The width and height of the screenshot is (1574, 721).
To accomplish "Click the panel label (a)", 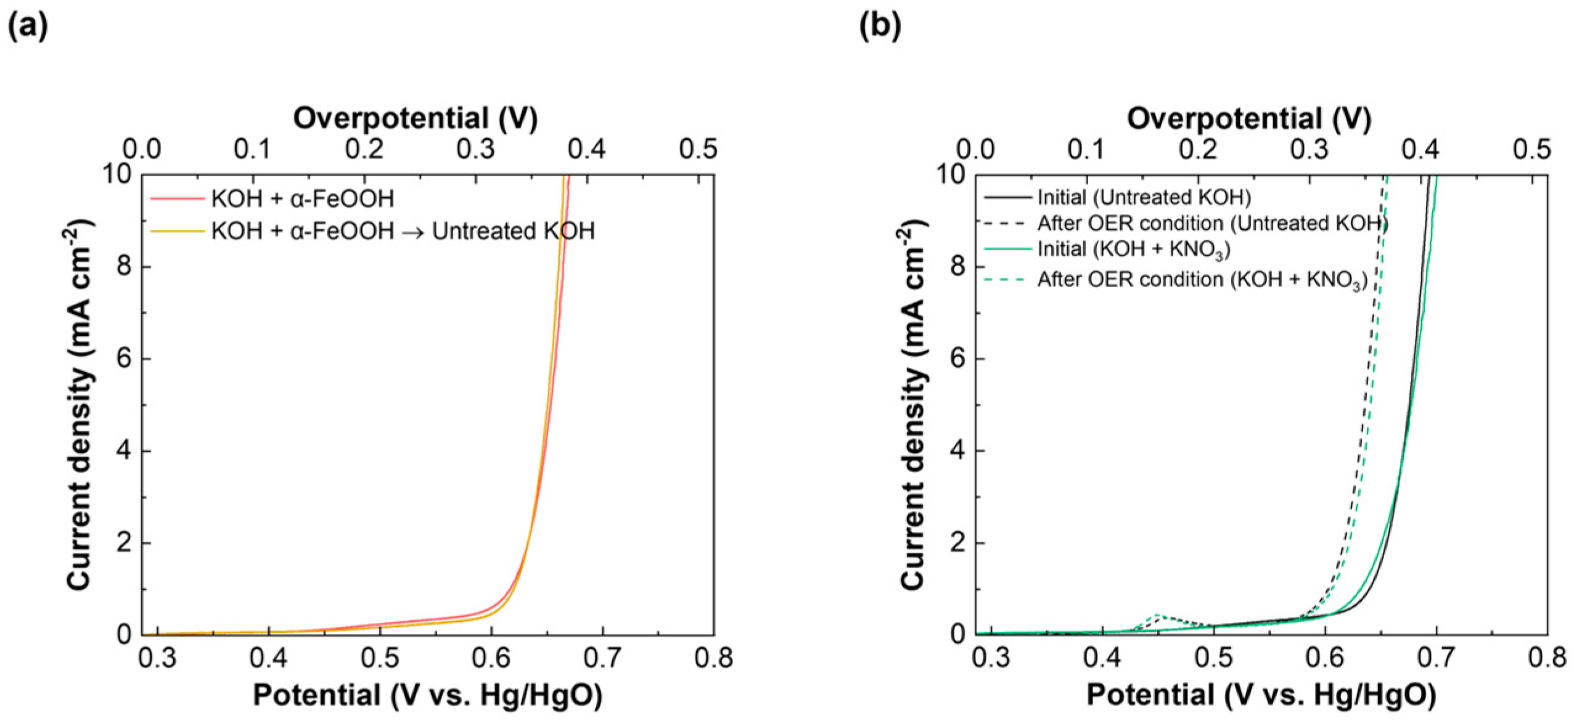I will click(27, 26).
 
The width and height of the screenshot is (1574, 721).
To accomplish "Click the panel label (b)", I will click(880, 26).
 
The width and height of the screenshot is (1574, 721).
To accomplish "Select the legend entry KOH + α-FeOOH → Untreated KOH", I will click(402, 231).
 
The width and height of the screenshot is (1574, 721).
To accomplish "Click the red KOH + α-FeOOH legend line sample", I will click(177, 198).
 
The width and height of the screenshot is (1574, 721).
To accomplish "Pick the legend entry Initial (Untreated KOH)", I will click(1144, 197).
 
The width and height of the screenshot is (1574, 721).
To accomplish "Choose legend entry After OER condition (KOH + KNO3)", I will click(1202, 280).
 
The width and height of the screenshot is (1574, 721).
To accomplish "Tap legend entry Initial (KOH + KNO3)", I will click(1133, 249).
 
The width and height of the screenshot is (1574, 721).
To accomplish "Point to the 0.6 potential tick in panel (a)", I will click(491, 658).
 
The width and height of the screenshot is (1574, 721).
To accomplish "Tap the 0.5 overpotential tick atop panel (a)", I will click(698, 150).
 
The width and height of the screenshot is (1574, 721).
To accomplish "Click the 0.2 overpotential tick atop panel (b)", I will click(1199, 150).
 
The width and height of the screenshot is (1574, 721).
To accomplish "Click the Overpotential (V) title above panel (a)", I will click(415, 118).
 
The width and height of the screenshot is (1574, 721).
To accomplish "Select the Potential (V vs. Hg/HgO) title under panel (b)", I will click(1261, 695).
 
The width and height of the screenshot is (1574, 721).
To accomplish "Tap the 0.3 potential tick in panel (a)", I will click(158, 658).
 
